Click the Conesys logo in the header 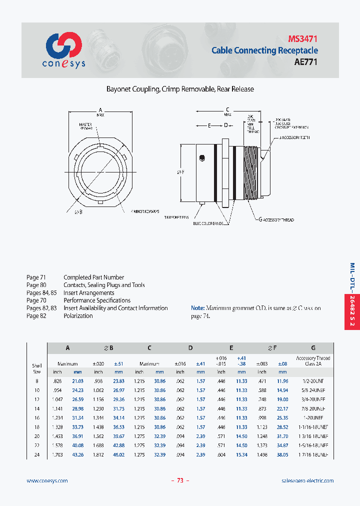(64, 50)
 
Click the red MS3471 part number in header (302, 38)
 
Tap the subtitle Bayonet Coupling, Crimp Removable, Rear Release (180, 89)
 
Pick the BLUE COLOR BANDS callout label (209, 223)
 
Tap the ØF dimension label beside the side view (180, 172)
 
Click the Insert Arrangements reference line (88, 292)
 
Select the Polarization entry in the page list (78, 316)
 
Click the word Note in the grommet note (198, 308)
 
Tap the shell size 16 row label (37, 417)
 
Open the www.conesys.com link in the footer (47, 480)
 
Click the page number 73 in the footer (180, 480)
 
